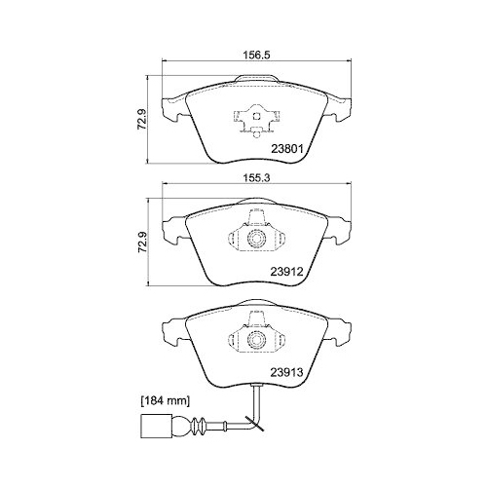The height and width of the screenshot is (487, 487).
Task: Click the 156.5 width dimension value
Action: pyautogui.click(x=256, y=56)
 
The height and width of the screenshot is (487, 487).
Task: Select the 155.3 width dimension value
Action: pyautogui.click(x=256, y=177)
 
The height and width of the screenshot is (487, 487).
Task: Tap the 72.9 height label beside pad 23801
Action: pyautogui.click(x=142, y=119)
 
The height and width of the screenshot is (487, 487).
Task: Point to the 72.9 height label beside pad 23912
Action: pyautogui.click(x=142, y=242)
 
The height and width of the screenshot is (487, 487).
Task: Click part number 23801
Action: pyautogui.click(x=287, y=149)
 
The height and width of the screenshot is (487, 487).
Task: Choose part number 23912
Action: pyautogui.click(x=287, y=271)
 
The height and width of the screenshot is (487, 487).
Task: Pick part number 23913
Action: pyautogui.click(x=287, y=372)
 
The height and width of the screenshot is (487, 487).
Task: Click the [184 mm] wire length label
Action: pyautogui.click(x=166, y=401)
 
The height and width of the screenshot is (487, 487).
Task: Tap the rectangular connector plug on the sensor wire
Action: pyautogui.click(x=156, y=425)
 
